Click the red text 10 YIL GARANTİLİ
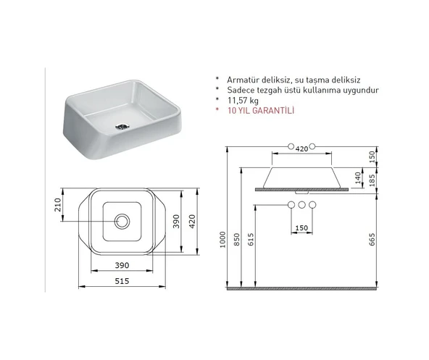[x=256, y=112]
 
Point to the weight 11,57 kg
[x=243, y=101]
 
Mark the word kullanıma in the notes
[x=328, y=91]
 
